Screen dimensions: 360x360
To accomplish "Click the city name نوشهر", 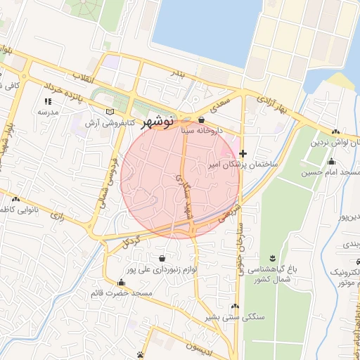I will pos(157,122).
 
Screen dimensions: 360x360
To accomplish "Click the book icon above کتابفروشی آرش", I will pos(108,111).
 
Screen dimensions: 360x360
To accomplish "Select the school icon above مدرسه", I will pos(48,101).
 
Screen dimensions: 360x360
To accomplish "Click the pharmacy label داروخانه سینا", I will pos(202,130).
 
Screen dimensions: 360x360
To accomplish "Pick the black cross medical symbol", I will pos(243,153).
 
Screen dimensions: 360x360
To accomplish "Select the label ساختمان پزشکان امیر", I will pos(243,164).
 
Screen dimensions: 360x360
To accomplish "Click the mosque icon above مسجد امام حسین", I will pos(330,161).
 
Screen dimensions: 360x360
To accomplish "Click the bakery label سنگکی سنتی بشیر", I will pos(235,317).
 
